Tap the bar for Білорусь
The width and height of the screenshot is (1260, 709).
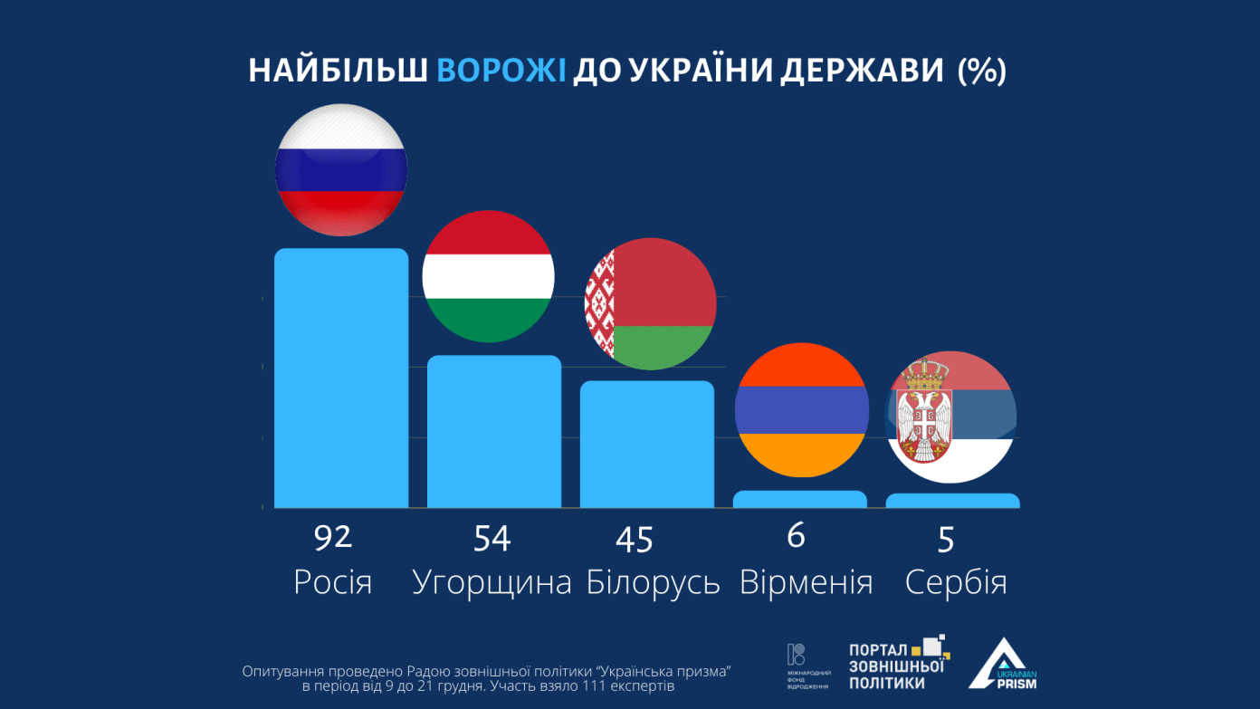tap(647, 444)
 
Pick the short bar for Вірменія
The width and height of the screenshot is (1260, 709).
tap(800, 499)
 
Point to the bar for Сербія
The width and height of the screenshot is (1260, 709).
tap(952, 501)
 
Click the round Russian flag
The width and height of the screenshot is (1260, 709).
tap(341, 170)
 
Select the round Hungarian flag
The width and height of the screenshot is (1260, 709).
tap(489, 276)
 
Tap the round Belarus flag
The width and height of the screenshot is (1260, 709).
tap(651, 304)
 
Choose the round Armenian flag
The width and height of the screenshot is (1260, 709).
tap(801, 409)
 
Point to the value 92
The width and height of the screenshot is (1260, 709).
tap(332, 538)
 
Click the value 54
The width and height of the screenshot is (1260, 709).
tap(492, 540)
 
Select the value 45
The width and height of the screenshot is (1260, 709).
tap(634, 541)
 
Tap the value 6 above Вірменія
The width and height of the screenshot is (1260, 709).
tap(796, 536)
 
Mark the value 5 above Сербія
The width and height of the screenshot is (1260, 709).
tap(946, 541)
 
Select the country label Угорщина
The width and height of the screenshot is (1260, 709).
tap(492, 582)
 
